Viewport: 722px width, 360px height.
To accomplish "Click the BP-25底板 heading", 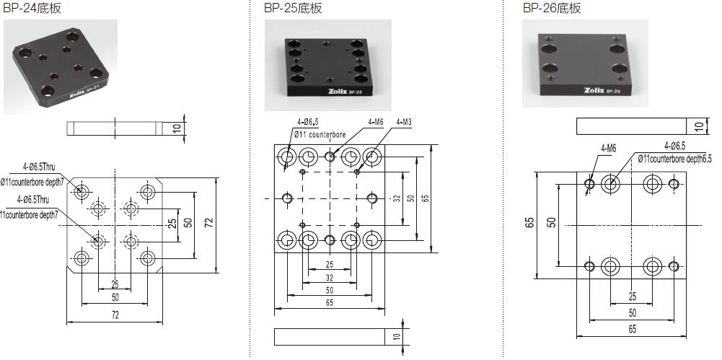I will (292, 9).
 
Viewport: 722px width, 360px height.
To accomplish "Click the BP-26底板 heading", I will (551, 9).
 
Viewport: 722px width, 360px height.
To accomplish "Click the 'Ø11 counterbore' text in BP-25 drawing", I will (321, 134).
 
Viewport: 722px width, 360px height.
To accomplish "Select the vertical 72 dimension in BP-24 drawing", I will (208, 224).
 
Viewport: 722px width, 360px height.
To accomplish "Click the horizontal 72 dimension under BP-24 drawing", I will (115, 316).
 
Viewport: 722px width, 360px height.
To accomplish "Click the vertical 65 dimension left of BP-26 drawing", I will (529, 224).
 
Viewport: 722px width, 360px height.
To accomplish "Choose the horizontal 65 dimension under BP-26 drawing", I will (632, 330).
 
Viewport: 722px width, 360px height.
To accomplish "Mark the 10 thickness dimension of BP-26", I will (698, 126).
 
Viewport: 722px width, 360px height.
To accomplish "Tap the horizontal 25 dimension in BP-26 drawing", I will (632, 297).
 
